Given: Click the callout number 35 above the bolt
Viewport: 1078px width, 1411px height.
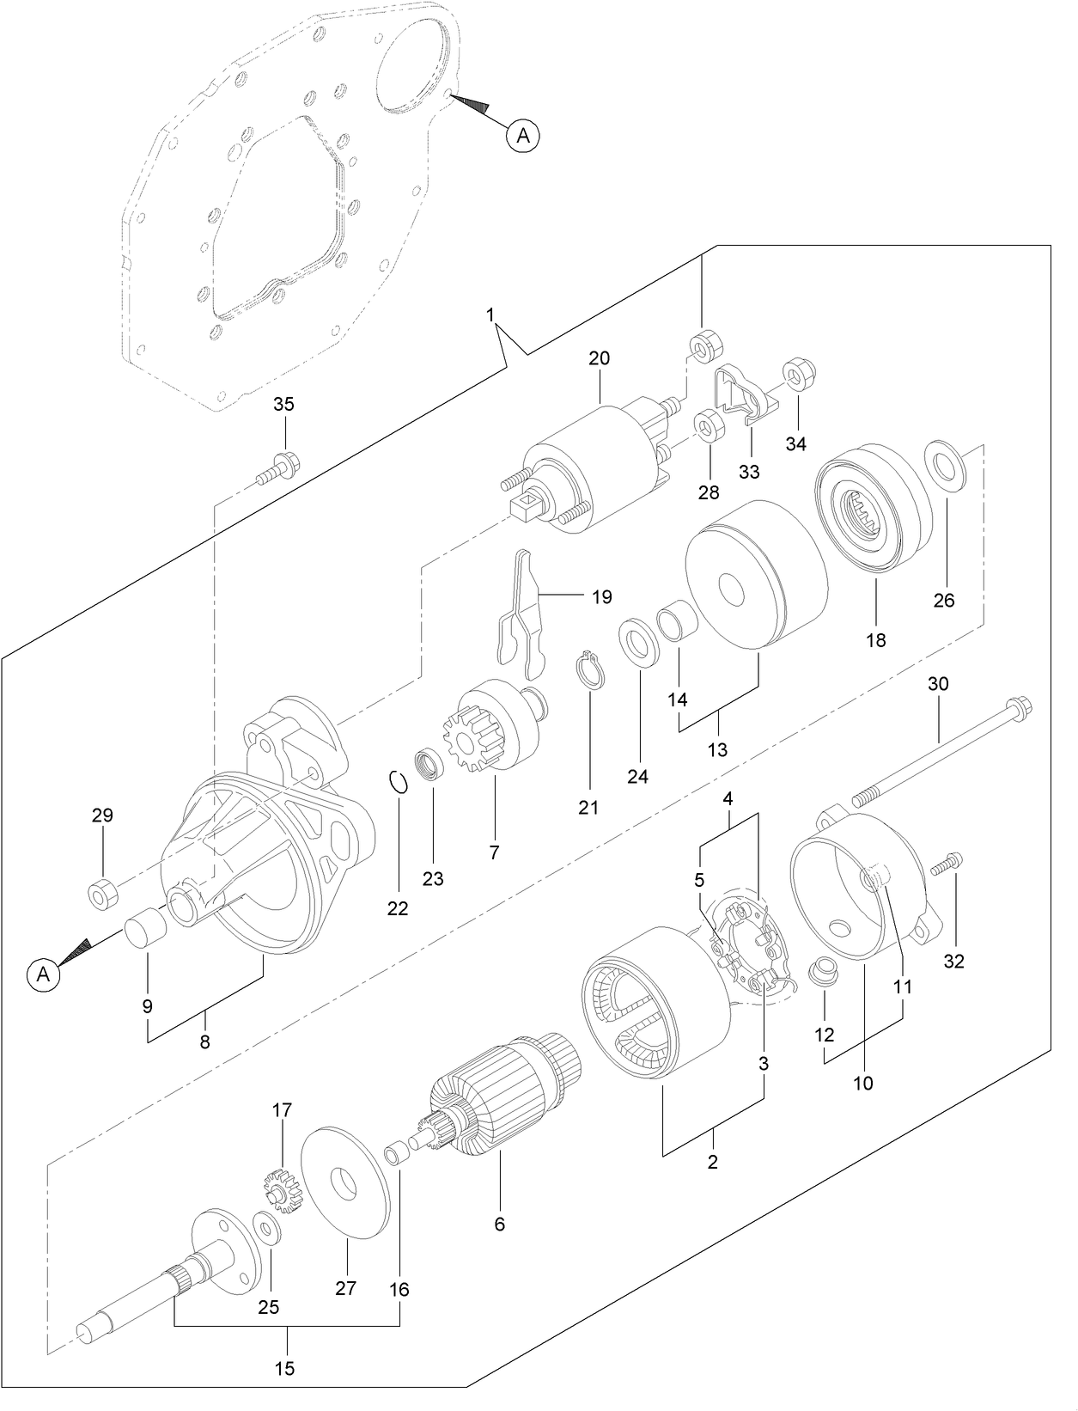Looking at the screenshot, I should click(x=283, y=404).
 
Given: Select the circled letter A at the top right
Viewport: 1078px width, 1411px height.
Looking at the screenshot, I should click(x=523, y=135).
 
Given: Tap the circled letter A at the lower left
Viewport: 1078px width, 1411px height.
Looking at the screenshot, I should click(x=43, y=974).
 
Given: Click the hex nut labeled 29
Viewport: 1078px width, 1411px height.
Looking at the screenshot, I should click(x=102, y=895).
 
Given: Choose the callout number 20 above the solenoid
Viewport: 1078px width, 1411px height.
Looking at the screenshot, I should click(x=599, y=358).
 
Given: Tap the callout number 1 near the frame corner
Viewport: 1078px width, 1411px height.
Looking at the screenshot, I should click(x=490, y=315).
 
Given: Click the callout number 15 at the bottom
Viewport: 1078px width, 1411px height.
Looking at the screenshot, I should click(x=284, y=1368).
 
